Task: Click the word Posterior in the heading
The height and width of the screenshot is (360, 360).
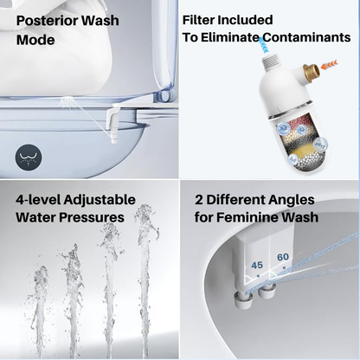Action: [47, 21]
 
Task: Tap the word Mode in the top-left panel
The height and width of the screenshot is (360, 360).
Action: [35, 40]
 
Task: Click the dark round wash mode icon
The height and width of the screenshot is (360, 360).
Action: [29, 157]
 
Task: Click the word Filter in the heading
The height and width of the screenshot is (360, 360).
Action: [198, 20]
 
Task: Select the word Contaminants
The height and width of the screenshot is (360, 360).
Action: [306, 37]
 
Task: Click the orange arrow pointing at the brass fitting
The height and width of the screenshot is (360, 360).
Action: [330, 65]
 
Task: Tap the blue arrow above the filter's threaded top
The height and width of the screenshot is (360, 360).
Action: [265, 46]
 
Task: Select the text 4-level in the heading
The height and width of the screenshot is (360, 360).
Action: [38, 200]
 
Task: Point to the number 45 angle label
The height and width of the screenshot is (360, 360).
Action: [257, 265]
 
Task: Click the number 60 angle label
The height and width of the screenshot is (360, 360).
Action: [283, 257]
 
